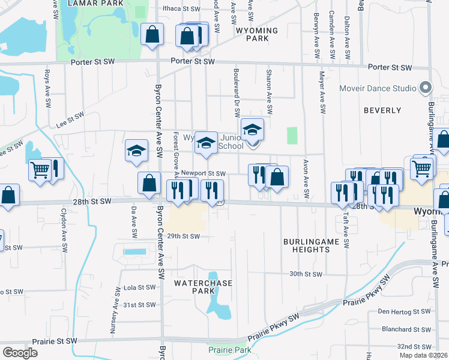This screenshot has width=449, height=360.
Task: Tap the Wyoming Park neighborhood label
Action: pos(257,34)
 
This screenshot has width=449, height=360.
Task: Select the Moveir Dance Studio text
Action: pos(378,88)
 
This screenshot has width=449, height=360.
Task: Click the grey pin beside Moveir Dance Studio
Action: pos(426,88)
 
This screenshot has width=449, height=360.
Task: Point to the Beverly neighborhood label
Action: pos(382,110)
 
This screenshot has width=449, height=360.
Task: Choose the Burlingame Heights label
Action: pos(311,246)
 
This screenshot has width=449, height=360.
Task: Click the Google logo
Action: pos(20,352)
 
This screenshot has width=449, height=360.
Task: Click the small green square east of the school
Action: pos(292,135)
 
